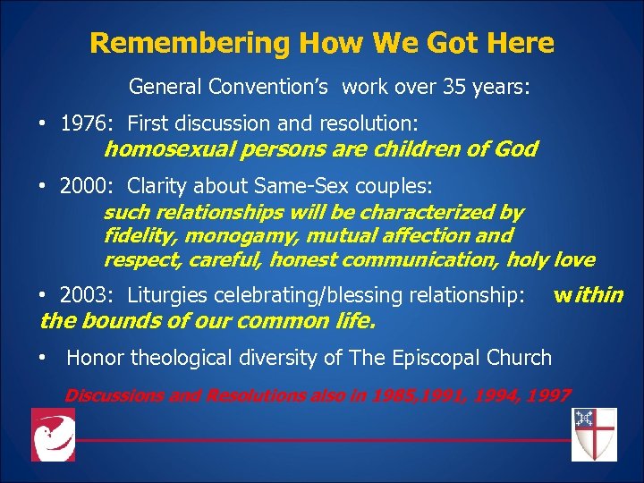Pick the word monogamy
click(x=224, y=236)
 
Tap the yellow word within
click(x=588, y=294)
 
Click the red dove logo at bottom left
click(x=53, y=434)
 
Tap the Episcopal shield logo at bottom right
click(x=593, y=434)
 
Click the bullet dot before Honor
click(x=43, y=358)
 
